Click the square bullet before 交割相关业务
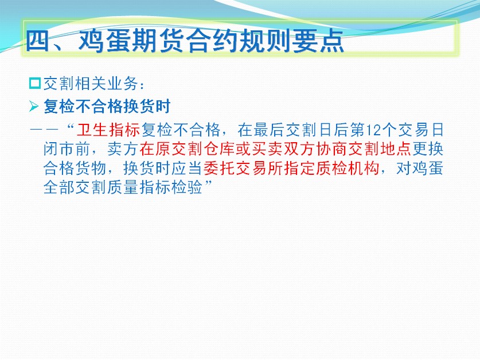[35, 84]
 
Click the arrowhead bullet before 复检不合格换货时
[34, 107]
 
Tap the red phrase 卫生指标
[108, 130]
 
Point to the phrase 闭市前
[67, 149]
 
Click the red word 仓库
[219, 149]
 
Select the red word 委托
[219, 168]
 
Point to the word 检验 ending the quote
[187, 187]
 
